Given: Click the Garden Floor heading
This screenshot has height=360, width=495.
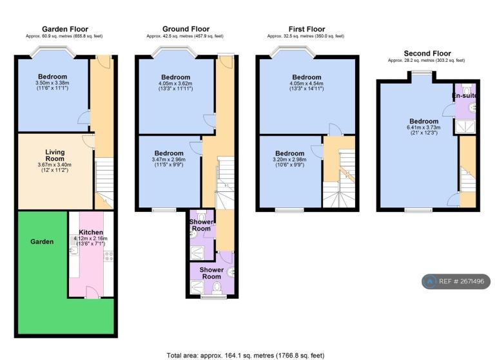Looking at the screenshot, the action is (65, 30).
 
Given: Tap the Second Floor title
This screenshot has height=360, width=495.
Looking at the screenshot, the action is (427, 53).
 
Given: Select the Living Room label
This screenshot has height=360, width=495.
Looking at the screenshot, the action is (55, 156).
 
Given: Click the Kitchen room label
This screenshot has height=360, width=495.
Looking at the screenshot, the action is (91, 232).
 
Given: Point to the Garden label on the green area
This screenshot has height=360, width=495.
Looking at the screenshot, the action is (42, 242).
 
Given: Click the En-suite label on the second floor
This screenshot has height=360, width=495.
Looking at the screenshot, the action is (464, 95).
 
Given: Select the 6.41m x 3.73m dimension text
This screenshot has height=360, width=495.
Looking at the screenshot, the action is (423, 128).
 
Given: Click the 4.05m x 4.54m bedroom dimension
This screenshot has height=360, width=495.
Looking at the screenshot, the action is (307, 83).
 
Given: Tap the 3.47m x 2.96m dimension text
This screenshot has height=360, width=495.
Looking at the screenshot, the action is (169, 160).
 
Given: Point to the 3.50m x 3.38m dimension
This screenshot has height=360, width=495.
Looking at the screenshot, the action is (52, 82).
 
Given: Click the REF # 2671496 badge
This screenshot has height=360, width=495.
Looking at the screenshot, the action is (456, 281).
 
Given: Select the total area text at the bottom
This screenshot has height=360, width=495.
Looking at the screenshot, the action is (246, 355).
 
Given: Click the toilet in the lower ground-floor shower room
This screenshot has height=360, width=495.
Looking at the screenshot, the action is (217, 289).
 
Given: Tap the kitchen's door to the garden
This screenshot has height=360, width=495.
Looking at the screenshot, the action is (92, 292).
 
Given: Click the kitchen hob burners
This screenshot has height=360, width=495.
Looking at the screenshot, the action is (109, 256).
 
